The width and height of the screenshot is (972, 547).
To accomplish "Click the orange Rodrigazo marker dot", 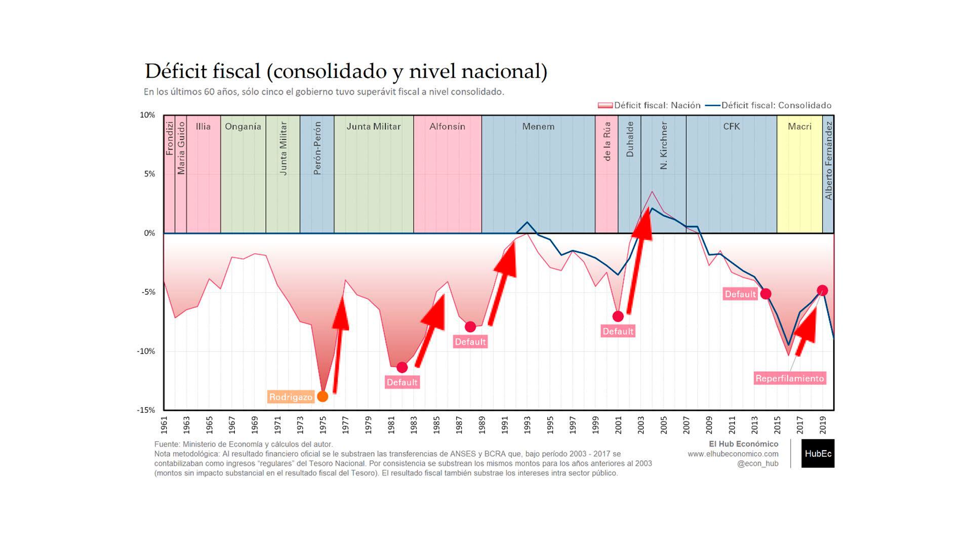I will click(x=322, y=397).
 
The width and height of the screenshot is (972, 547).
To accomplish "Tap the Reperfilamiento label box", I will click(x=790, y=378).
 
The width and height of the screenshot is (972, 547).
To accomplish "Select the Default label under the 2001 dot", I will click(x=618, y=332).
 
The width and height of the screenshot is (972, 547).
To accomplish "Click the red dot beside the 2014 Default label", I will click(x=766, y=294).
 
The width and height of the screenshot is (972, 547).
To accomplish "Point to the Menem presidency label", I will click(x=538, y=127).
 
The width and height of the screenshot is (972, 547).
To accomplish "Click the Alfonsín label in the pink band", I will click(x=447, y=127).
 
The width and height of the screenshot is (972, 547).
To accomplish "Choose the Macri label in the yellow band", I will click(x=799, y=127).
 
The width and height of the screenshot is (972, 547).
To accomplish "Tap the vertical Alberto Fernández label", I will click(x=829, y=161).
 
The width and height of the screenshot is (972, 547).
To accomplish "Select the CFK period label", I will click(x=732, y=127).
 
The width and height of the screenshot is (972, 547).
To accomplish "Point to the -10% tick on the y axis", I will click(x=146, y=351).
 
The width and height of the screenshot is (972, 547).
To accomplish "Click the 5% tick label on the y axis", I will click(x=149, y=174).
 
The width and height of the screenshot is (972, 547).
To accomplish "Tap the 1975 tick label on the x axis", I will click(x=322, y=424).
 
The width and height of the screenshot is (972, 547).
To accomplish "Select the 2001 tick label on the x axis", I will click(x=618, y=424).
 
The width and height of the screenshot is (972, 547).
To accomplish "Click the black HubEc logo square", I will click(x=818, y=453).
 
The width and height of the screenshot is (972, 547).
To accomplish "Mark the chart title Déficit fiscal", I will click(x=346, y=71).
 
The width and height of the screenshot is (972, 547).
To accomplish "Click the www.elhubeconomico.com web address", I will click(x=733, y=454).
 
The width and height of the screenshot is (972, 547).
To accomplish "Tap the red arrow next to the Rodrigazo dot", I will click(x=339, y=344).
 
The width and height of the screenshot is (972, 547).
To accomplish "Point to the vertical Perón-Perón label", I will click(x=317, y=148).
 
